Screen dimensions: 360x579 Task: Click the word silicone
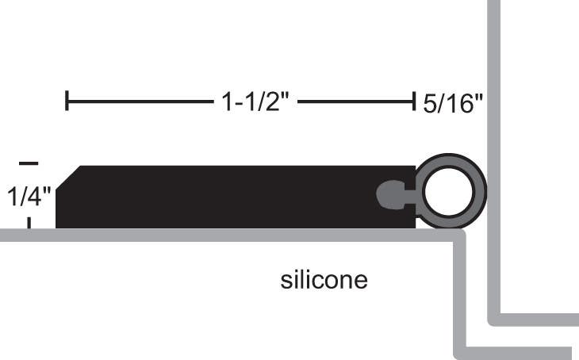point(324,281)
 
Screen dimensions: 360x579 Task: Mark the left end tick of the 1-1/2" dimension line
point(67,101)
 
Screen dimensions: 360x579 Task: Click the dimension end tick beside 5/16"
point(413,101)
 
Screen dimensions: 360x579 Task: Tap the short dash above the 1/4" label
point(28,163)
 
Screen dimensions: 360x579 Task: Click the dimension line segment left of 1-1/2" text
point(135,101)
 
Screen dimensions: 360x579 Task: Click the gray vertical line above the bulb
point(493,79)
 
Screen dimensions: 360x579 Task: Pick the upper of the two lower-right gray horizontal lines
point(535,320)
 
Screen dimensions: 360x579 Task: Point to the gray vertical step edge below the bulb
point(459,293)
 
